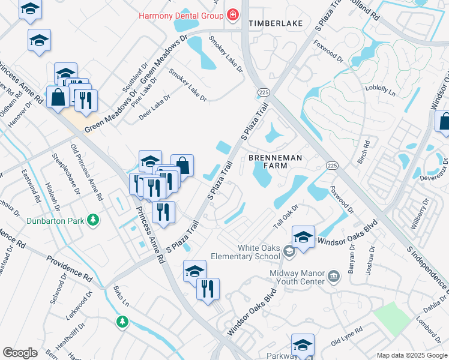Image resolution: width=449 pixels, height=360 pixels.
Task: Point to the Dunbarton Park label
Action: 55,220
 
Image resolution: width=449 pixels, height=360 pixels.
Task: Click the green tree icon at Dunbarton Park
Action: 92,220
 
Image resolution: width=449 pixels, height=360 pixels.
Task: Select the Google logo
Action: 20,353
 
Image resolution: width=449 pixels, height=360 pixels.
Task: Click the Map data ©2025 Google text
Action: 411,355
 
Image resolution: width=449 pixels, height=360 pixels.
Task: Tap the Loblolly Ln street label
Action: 380,91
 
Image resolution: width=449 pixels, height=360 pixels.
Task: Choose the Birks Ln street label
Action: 121,297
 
